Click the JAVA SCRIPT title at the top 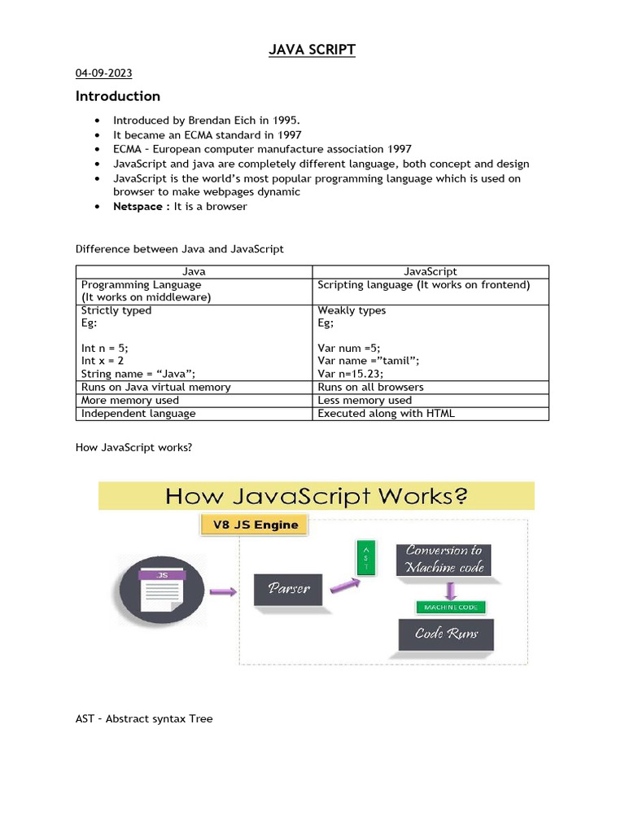[312, 50]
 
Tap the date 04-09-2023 [103, 74]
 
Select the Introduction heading [118, 96]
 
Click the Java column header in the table [193, 271]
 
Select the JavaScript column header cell [431, 271]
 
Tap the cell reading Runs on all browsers [370, 387]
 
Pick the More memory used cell [130, 400]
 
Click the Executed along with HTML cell [386, 413]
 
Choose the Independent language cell [138, 413]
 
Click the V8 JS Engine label [256, 525]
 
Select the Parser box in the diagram [287, 588]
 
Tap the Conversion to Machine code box [444, 559]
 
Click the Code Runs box [446, 634]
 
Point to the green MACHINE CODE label [450, 607]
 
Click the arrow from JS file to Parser [223, 591]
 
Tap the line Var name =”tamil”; [369, 361]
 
